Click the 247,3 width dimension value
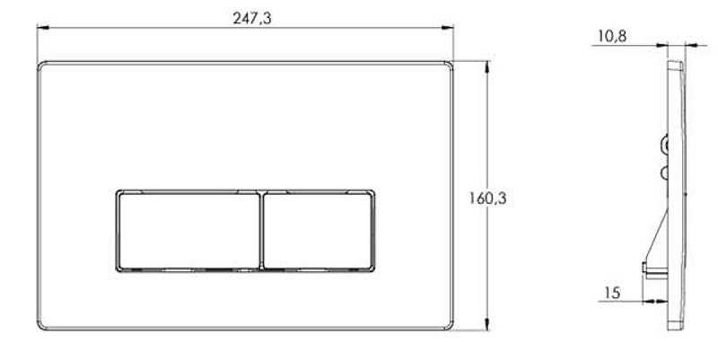[252, 18]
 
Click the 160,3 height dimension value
[487, 198]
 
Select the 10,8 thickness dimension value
[612, 36]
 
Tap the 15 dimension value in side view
[612, 293]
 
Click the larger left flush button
[189, 231]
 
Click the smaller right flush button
[318, 231]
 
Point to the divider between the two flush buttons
[262, 231]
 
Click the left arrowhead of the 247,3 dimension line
[43, 28]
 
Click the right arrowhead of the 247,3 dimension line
[447, 28]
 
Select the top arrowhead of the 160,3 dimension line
[486, 66]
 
